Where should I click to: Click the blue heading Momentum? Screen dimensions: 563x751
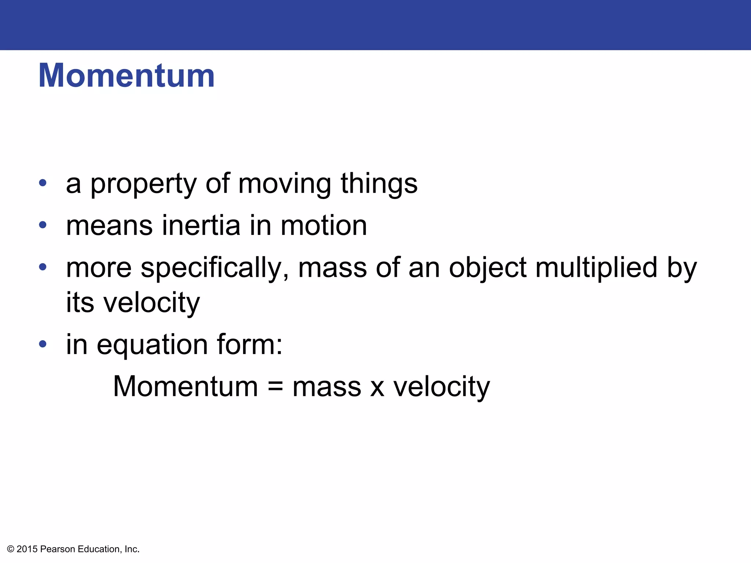point(127,76)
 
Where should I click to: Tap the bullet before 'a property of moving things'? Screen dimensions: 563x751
point(43,183)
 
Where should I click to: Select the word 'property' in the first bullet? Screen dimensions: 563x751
point(143,184)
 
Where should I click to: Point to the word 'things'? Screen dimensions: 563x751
point(379,184)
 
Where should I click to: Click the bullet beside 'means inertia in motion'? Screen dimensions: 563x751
point(43,225)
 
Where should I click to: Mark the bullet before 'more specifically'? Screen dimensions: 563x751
point(43,266)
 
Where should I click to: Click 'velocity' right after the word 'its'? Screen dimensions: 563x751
point(151,303)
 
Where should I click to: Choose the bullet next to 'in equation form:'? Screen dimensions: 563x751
point(43,344)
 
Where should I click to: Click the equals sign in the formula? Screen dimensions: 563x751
point(275,387)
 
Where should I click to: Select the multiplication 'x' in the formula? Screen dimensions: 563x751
point(377,388)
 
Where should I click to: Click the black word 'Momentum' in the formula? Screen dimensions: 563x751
point(186,386)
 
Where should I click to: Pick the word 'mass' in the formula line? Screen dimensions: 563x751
point(327,388)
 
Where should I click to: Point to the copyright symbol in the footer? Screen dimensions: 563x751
point(11,549)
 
